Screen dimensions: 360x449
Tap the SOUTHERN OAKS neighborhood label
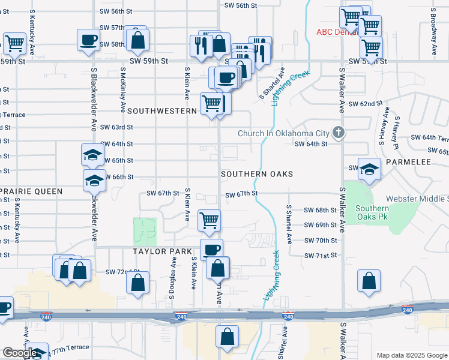click(x=257, y=174)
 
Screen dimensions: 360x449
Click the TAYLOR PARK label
click(x=163, y=251)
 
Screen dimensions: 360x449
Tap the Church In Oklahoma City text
click(x=283, y=133)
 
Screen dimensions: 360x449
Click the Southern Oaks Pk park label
click(x=372, y=212)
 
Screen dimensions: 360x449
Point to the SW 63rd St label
click(x=116, y=127)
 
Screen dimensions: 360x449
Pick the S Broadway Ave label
click(x=433, y=33)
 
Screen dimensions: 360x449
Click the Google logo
click(x=20, y=352)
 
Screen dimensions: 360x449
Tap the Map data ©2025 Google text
click(x=411, y=355)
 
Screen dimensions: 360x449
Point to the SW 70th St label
click(x=321, y=241)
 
